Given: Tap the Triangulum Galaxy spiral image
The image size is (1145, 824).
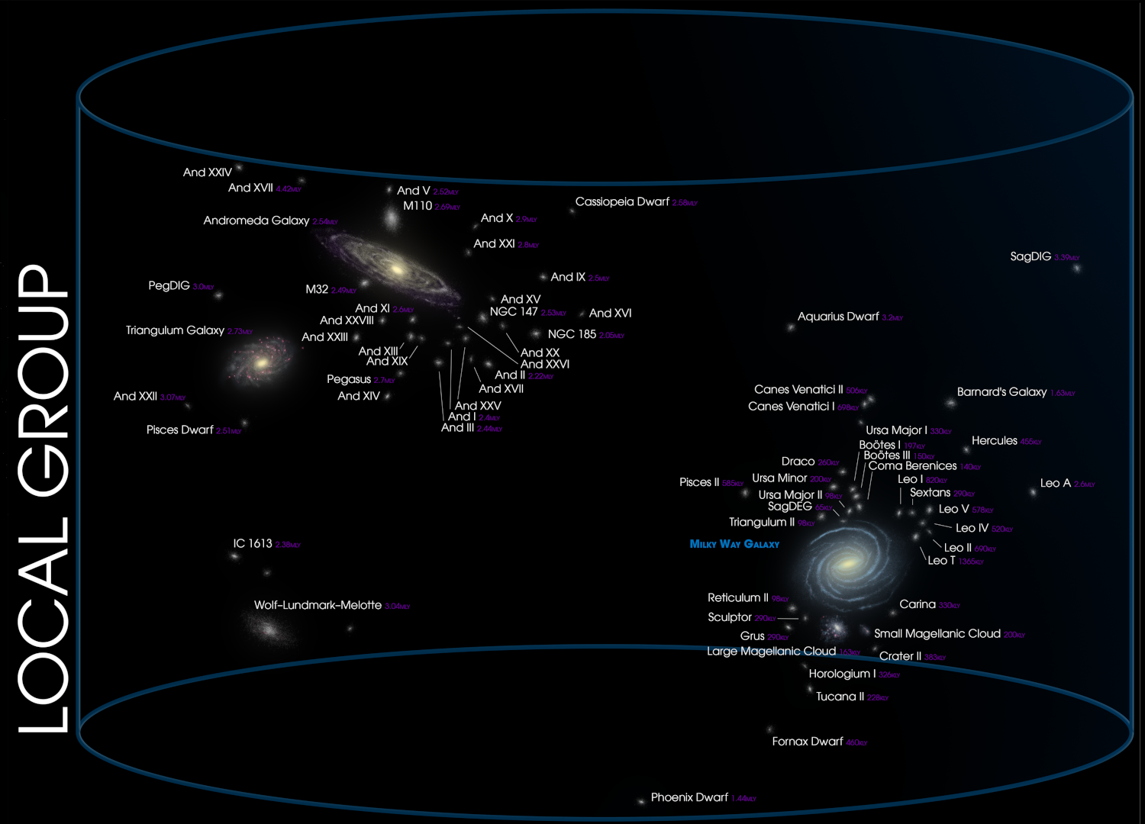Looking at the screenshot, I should tap(260, 363).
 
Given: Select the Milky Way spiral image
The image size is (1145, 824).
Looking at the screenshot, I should tap(847, 564).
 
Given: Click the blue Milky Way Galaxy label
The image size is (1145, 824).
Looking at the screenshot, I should tap(734, 544).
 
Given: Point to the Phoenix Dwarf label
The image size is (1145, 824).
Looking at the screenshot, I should tap(689, 797).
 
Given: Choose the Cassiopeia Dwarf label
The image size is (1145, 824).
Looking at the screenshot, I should tap(622, 201).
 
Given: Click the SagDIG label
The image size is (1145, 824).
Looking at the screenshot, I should tap(1030, 256).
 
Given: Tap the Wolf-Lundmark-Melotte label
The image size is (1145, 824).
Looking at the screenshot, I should tap(318, 605).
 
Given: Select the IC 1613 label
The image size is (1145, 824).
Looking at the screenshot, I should tap(253, 543).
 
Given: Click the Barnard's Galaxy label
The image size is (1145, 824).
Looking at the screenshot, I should tap(1001, 391).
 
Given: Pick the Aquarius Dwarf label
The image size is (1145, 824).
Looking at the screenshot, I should tap(838, 317).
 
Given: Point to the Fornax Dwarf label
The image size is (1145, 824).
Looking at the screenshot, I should tap(808, 741).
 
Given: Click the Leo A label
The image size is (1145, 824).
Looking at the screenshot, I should tap(1056, 483).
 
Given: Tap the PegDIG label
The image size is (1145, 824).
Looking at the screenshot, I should tap(169, 285).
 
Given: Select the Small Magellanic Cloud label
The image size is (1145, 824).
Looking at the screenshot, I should tap(937, 633).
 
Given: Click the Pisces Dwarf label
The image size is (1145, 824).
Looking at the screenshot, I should tap(180, 430).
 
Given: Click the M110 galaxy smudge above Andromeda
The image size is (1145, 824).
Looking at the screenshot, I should tap(392, 220).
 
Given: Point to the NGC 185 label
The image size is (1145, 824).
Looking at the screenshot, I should tap(572, 334).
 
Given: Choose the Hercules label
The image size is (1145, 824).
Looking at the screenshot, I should tap(994, 440).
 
